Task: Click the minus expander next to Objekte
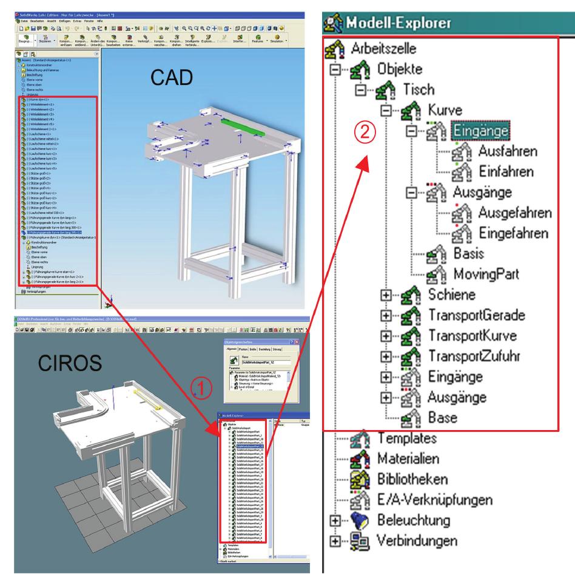tap(335, 69)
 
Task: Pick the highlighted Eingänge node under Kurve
tap(479, 130)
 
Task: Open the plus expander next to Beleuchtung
tap(335, 521)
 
